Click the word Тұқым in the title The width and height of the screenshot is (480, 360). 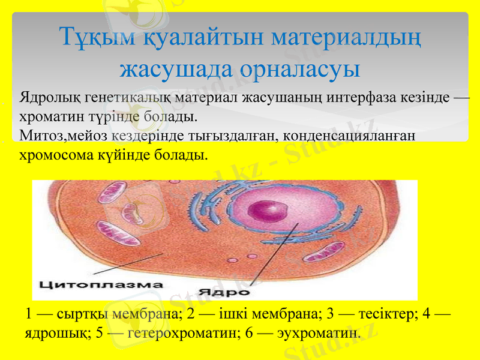coord(98,37)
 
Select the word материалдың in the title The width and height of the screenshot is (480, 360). coord(346,37)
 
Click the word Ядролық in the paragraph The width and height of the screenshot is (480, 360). coord(50,97)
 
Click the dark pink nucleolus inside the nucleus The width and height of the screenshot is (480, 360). coord(266,210)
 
